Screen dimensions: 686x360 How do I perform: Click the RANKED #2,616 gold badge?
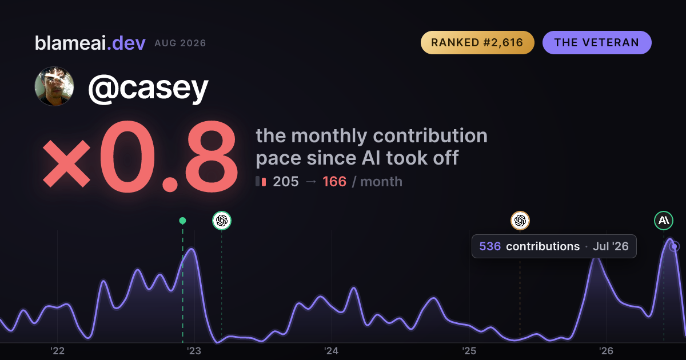(477, 42)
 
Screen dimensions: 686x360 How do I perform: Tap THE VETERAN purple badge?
(597, 42)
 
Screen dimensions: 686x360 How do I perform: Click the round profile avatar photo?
(54, 86)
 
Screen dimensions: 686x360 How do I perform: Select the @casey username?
(148, 88)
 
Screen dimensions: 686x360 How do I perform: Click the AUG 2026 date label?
(181, 43)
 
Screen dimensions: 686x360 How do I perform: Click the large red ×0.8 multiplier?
(140, 157)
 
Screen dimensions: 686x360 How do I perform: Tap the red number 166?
(334, 182)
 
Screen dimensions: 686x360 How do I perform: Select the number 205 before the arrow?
(286, 182)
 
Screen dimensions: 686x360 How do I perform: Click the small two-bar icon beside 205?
(261, 181)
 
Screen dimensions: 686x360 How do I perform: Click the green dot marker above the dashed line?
(182, 221)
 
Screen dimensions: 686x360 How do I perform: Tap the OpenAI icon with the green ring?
(222, 221)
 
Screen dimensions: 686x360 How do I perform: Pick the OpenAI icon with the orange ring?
(520, 221)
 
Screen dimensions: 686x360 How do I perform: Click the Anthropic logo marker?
(664, 221)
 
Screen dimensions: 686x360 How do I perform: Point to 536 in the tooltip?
(490, 246)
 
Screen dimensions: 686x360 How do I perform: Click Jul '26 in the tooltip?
(611, 246)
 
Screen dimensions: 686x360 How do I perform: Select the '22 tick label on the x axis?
(57, 351)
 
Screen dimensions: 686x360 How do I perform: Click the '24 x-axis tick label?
(332, 351)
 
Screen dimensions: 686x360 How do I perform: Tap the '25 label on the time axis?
(469, 351)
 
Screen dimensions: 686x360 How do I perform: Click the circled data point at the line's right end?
(674, 246)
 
